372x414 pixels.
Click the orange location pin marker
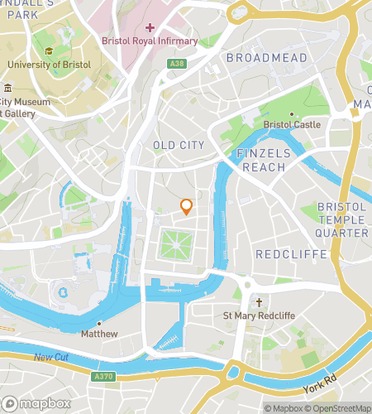point(187,207)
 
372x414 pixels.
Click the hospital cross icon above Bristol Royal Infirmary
point(150,27)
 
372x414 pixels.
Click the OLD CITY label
point(179,146)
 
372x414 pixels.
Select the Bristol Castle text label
point(291,124)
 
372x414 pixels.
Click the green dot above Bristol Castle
point(291,113)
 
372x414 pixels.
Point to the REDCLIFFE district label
point(291,254)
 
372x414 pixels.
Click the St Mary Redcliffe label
point(259,315)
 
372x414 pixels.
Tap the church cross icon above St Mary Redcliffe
point(259,304)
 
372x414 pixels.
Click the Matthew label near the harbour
point(99,334)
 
